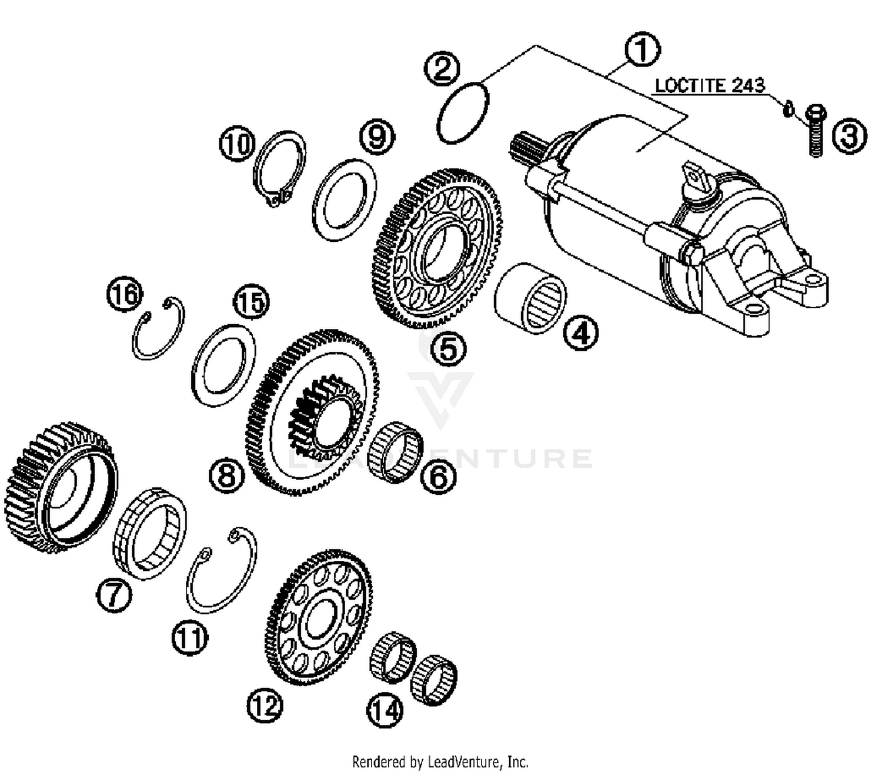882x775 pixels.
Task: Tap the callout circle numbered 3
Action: [x=848, y=136]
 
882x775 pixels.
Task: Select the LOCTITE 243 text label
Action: [x=710, y=85]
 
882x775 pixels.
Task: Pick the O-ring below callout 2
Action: [x=462, y=112]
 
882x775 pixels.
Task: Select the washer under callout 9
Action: [x=345, y=201]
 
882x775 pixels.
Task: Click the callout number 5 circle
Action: [x=448, y=348]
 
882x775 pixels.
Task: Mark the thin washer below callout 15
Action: [x=224, y=365]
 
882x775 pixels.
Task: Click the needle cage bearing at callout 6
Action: [x=395, y=452]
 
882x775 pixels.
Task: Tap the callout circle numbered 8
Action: [x=228, y=475]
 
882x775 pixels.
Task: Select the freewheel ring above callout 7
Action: [x=149, y=533]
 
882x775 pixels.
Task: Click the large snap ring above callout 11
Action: [x=222, y=570]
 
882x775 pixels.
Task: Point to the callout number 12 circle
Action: [x=265, y=704]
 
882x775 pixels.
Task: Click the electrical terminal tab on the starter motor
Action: [x=694, y=180]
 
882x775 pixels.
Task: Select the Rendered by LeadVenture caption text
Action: [x=440, y=762]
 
